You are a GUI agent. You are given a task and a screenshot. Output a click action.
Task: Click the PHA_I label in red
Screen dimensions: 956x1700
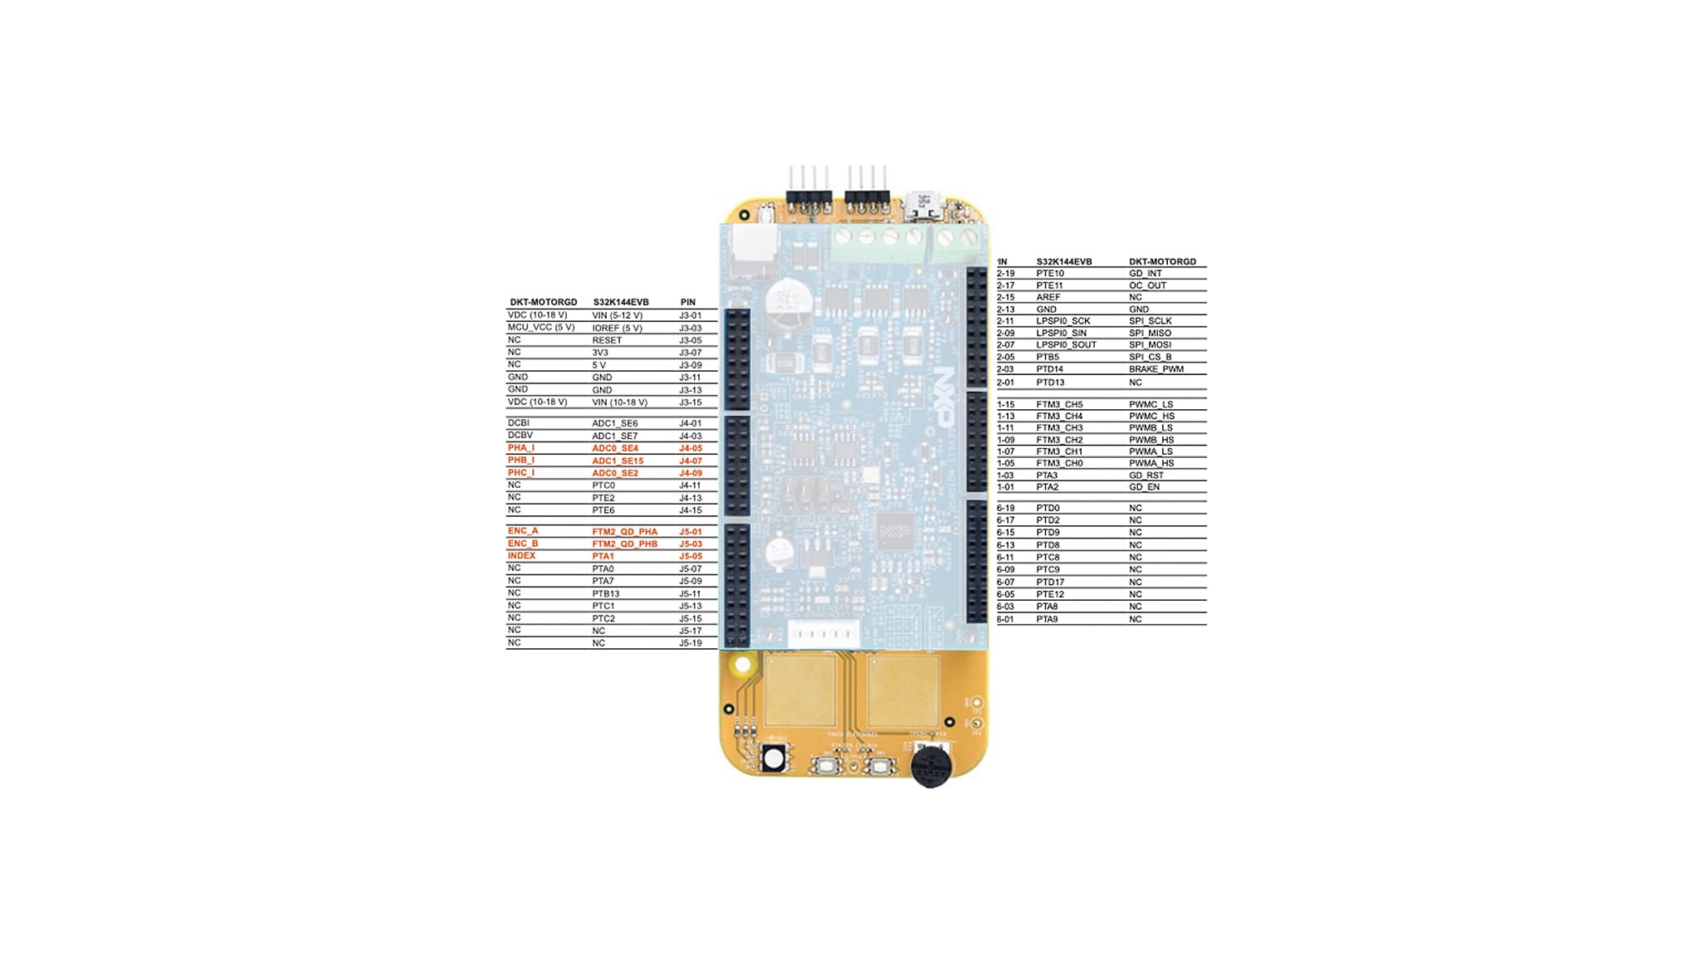[521, 448]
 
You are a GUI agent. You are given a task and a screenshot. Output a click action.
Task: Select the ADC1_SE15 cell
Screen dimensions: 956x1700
[618, 461]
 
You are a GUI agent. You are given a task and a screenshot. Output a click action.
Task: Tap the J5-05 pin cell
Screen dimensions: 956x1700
[691, 557]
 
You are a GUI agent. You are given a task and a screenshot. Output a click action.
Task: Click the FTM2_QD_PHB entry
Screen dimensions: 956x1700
[624, 544]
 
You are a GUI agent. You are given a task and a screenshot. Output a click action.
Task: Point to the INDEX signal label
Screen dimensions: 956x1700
[522, 556]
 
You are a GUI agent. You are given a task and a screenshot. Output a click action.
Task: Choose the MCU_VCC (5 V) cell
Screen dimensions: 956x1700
[541, 328]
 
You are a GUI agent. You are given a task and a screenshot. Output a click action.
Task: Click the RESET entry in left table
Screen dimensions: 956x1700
[607, 340]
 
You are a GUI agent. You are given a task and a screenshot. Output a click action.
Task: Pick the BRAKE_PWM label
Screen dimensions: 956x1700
[1156, 369]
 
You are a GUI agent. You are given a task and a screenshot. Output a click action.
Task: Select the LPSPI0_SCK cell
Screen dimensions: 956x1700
[1063, 321]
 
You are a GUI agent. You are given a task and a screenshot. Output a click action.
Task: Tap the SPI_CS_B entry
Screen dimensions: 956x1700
[1150, 357]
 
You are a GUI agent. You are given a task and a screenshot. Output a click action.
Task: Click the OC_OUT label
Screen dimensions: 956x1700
[1148, 285]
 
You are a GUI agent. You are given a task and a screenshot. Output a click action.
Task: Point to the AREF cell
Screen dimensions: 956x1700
[1048, 297]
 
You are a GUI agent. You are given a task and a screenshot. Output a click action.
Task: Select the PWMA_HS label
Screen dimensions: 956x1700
[1151, 463]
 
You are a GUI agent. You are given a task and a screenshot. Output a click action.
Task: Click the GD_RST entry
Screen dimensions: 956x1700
[1146, 476]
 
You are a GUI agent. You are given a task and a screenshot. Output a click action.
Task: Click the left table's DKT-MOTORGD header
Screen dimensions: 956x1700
[544, 303]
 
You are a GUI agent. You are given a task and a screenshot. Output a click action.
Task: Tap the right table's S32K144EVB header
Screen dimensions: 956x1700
[1064, 262]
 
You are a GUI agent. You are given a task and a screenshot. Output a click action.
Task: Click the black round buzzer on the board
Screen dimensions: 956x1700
[931, 766]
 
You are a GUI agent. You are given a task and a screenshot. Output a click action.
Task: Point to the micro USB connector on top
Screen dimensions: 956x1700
[922, 203]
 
